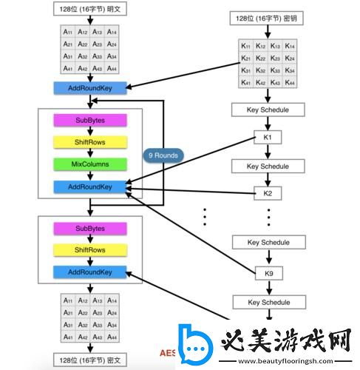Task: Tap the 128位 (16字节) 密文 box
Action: tap(90, 359)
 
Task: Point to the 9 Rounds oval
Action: tap(163, 155)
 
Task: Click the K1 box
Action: tap(268, 138)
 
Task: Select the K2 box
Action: tap(268, 193)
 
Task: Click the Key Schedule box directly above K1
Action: tap(268, 110)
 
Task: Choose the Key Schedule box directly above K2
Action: tap(268, 166)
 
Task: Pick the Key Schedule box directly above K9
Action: tap(268, 243)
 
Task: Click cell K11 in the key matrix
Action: tap(245, 46)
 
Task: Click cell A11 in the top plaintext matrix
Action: tap(68, 33)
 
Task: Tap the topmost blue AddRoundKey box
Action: tap(90, 88)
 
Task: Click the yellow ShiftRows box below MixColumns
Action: tap(90, 251)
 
